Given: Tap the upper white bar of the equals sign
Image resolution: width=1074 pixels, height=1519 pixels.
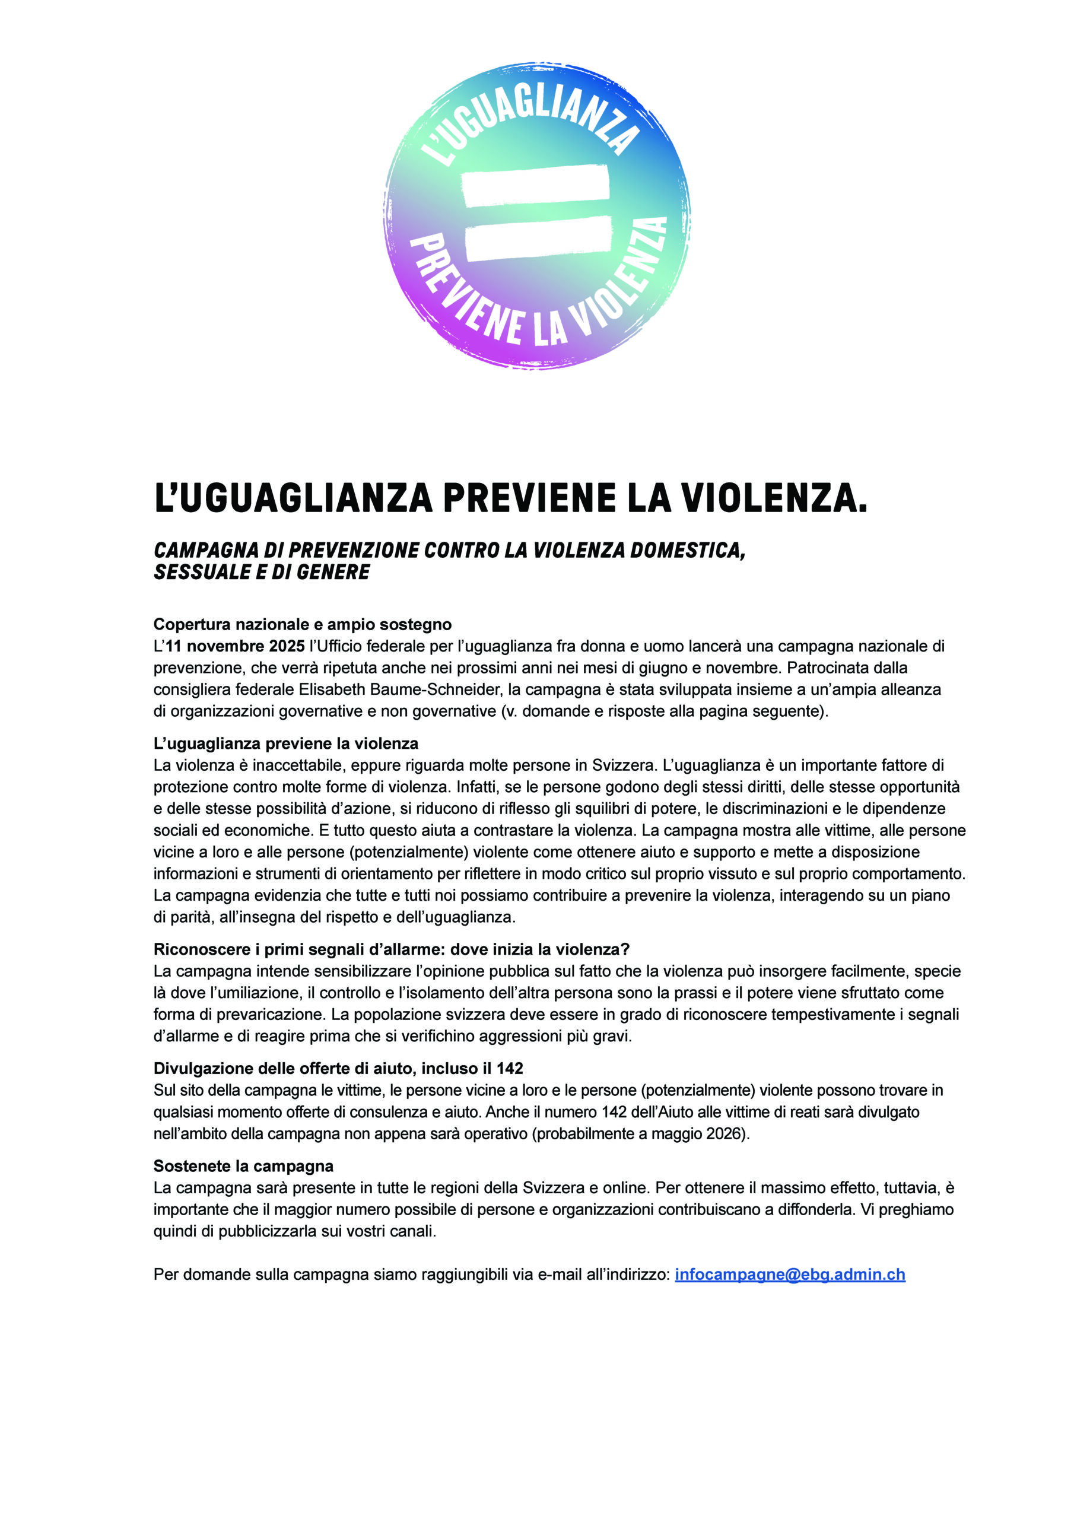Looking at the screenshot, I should click(x=535, y=186).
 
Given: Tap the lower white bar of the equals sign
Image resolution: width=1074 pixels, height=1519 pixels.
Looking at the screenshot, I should click(x=538, y=240).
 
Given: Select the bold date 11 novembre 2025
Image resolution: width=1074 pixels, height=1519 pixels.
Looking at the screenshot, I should click(x=235, y=646).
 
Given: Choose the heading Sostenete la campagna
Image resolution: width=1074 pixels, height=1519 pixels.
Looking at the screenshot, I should click(x=243, y=1166).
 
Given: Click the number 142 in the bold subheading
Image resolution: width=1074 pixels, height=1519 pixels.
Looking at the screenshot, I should click(x=510, y=1069).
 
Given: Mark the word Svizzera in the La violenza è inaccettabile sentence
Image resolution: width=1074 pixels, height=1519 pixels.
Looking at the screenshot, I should click(x=621, y=765).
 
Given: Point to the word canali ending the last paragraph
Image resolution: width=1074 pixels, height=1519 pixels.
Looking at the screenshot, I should click(x=415, y=1231).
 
